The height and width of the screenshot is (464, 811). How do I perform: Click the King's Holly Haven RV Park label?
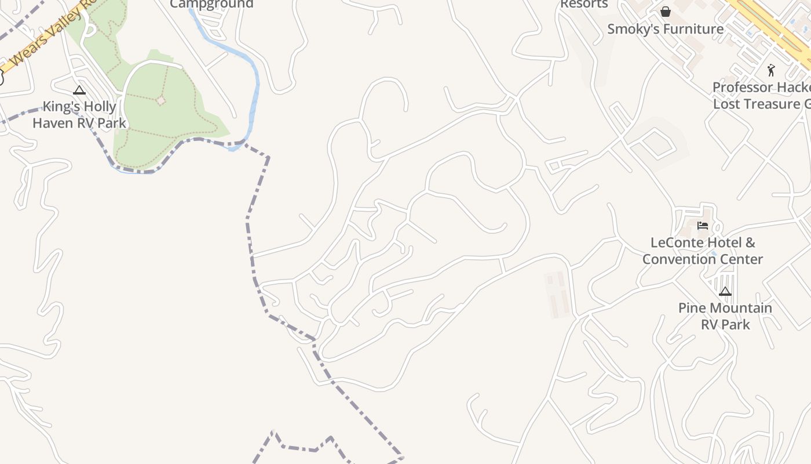(79, 115)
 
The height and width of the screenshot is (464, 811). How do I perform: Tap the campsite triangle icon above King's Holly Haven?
(79, 90)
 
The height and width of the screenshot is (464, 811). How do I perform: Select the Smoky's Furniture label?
(665, 29)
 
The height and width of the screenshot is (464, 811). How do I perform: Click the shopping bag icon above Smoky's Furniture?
(666, 12)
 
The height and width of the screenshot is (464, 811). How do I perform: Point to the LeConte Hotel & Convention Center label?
(702, 251)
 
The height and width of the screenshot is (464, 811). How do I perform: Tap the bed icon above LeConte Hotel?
(703, 225)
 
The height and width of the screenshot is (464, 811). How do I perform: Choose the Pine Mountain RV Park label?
(725, 316)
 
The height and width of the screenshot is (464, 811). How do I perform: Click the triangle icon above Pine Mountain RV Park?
(725, 291)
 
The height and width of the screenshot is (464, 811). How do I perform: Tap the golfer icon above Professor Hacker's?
(771, 71)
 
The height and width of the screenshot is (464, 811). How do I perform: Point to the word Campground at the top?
(211, 4)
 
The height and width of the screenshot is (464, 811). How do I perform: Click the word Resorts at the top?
(584, 4)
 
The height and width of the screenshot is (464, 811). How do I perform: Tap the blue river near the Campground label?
(253, 87)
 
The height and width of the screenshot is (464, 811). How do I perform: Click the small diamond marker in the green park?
(161, 101)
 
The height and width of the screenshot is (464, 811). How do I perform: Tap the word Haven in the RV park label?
(54, 123)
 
